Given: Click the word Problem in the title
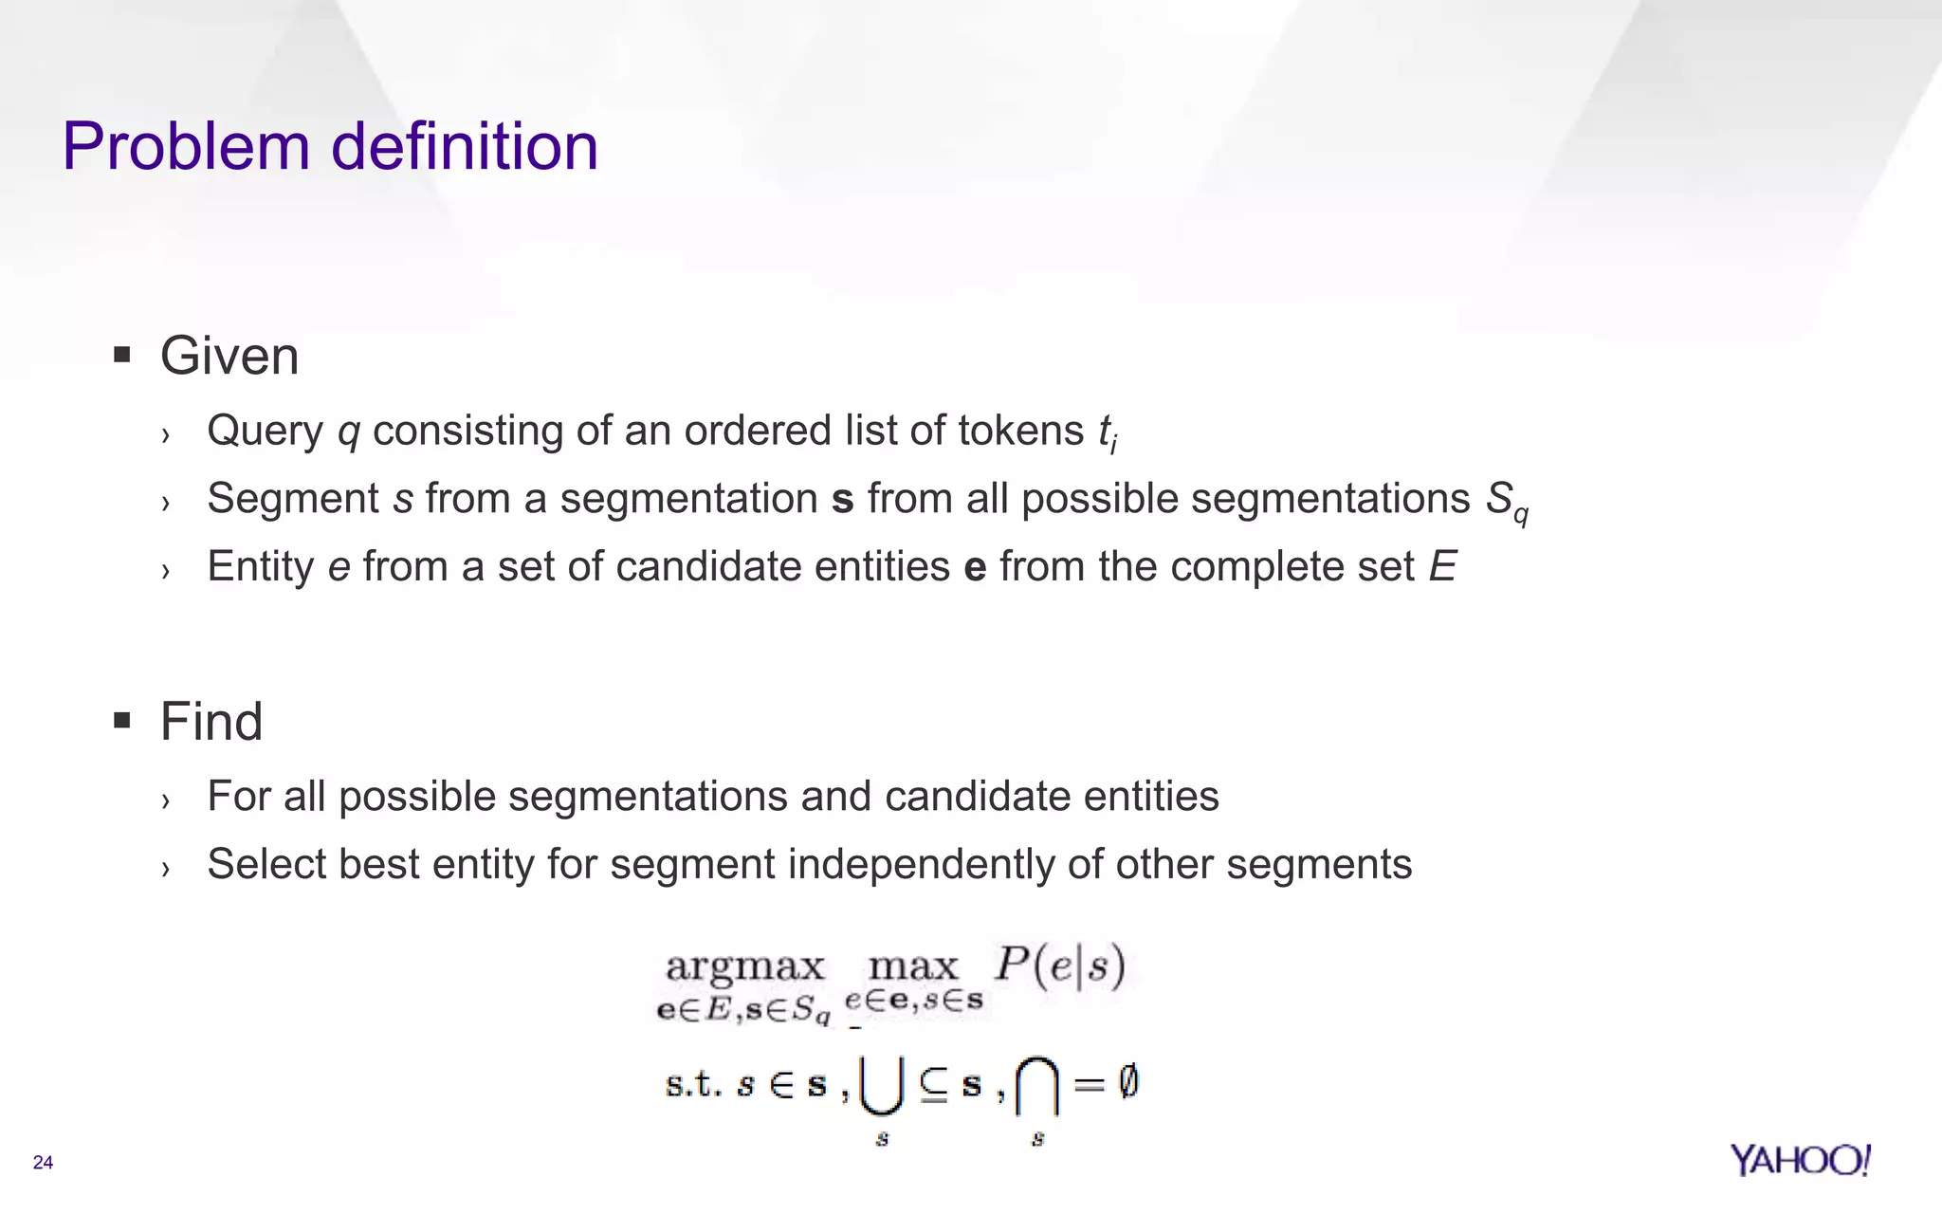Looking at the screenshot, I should coord(186,148).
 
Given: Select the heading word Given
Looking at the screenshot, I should coord(229,357).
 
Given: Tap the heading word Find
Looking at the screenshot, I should coord(211,722).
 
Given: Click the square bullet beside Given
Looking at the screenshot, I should coord(121,356).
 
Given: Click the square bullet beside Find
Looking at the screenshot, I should coord(121,721).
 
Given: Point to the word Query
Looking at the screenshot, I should coord(266,432).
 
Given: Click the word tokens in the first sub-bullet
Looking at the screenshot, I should coord(1020,431).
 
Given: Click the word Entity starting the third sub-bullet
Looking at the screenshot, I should coord(261,567).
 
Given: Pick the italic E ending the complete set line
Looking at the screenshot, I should coord(1442,567).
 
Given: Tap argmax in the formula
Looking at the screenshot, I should coord(745,967).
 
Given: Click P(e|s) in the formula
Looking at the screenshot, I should coord(1059,966).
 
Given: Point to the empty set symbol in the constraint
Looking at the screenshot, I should coord(1127,1082).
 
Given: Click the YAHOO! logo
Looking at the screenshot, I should coord(1800,1160).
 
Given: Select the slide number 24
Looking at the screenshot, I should coord(43,1163).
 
